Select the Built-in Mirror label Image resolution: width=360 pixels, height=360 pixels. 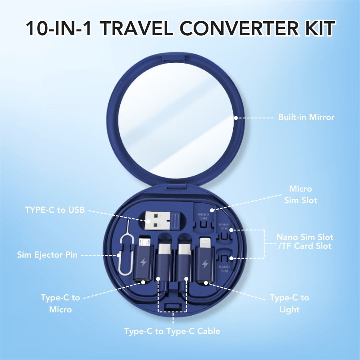pyautogui.click(x=306, y=118)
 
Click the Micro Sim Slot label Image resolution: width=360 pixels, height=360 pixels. pyautogui.click(x=300, y=194)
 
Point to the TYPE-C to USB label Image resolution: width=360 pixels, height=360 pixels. pyautogui.click(x=55, y=210)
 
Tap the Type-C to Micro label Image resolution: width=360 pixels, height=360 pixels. pyautogui.click(x=60, y=303)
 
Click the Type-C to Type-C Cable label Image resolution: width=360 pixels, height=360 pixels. pyautogui.click(x=172, y=331)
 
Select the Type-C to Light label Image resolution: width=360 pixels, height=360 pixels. pyautogui.click(x=289, y=304)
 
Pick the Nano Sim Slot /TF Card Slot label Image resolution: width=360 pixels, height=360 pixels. pyautogui.click(x=305, y=242)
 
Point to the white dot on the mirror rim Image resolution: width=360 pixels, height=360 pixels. pyautogui.click(x=236, y=118)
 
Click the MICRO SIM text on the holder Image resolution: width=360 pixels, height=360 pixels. pyautogui.click(x=204, y=216)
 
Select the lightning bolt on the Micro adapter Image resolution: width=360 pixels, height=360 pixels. pyautogui.click(x=143, y=263)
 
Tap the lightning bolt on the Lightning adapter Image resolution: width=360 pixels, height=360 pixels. pyautogui.click(x=205, y=264)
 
